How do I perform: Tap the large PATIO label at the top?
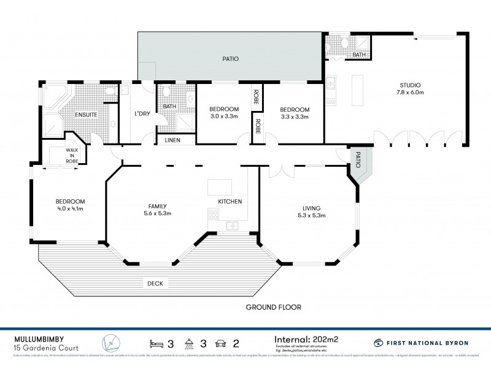pos(230,59)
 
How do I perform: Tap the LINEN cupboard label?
pos(172,140)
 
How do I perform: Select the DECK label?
pos(154,283)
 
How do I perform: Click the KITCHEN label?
pos(230,201)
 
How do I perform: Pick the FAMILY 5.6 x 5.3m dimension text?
pos(153,213)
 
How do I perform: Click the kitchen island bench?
pos(220,186)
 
